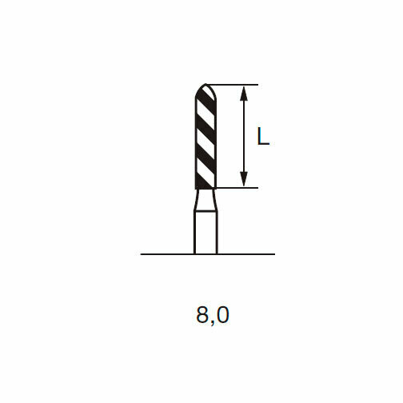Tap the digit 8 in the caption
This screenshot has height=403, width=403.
coord(201,315)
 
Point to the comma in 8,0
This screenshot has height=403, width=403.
coord(212,321)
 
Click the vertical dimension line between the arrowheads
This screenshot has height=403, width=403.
coord(245,136)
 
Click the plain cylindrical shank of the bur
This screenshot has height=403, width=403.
coord(205,232)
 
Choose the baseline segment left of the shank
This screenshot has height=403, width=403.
coord(167,254)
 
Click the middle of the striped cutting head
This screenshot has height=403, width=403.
coord(205,136)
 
